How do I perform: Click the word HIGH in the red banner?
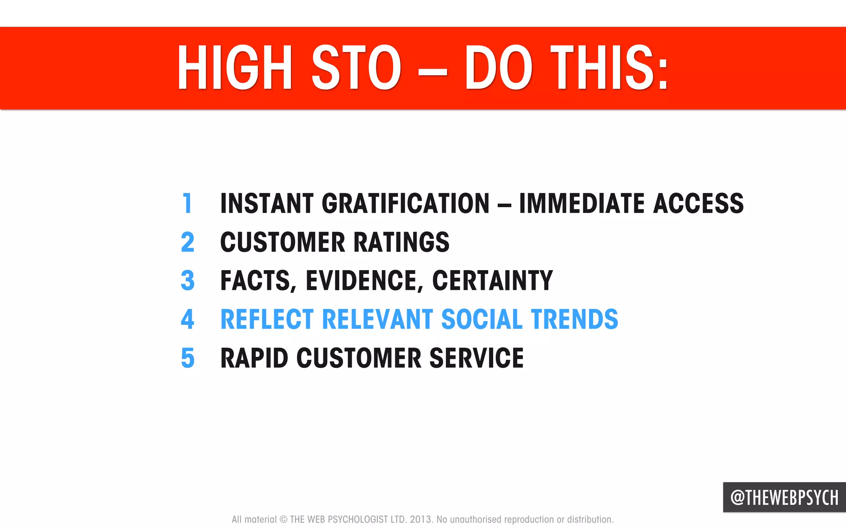[235, 68]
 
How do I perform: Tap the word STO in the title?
[356, 68]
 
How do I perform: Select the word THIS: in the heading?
[609, 68]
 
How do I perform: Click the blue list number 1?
[187, 203]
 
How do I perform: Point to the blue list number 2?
[188, 242]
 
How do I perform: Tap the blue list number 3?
[188, 280]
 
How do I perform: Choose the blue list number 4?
[188, 319]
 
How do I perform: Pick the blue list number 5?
[188, 358]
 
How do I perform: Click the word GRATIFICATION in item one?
[405, 203]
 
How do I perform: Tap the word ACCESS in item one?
[698, 203]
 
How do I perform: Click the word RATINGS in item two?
[401, 242]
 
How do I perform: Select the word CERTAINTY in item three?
[492, 280]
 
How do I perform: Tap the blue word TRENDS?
[574, 319]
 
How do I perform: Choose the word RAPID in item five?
[254, 358]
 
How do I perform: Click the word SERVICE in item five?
[476, 358]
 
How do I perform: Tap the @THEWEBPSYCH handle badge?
[784, 497]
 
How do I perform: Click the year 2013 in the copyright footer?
[421, 520]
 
